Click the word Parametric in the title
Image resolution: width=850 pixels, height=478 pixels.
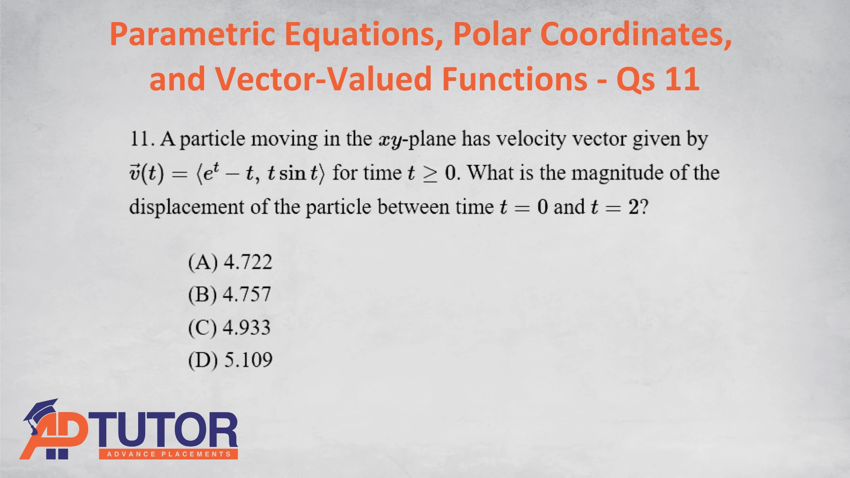[193, 34]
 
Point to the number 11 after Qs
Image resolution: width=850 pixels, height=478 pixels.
[682, 79]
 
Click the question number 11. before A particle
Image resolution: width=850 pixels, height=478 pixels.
[142, 139]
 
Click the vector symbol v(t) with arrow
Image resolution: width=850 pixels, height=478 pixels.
[147, 173]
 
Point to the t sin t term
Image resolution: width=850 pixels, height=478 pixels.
[293, 173]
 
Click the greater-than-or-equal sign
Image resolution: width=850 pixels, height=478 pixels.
[429, 173]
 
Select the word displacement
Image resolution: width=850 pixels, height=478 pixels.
[186, 207]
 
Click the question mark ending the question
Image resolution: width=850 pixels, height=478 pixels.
[644, 207]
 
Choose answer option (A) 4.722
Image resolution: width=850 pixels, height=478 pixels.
[230, 262]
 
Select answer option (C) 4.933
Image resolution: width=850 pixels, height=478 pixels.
[229, 328]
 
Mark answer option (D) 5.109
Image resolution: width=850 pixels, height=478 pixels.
[230, 360]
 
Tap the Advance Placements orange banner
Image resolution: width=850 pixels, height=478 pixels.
[168, 454]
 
